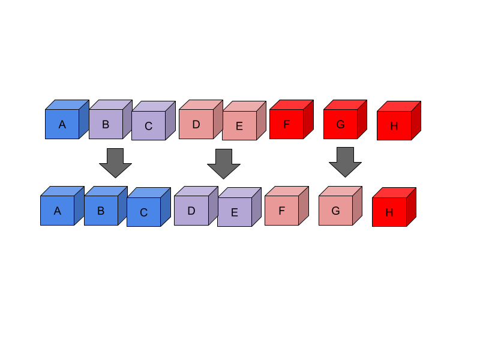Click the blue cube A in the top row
tap(62, 124)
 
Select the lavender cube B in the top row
tap(106, 124)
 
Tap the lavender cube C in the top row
tap(148, 125)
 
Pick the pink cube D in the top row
tap(196, 124)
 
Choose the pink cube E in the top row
tap(239, 125)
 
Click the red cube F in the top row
tap(287, 124)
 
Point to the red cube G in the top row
tap(341, 124)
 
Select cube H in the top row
tap(394, 125)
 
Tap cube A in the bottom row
tap(58, 211)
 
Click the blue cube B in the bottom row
tap(101, 211)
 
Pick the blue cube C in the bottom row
tap(143, 212)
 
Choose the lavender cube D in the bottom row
tap(191, 211)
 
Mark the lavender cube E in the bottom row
tap(235, 212)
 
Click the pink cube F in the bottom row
tap(282, 211)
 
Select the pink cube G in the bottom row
tap(336, 211)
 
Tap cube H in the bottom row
tap(389, 212)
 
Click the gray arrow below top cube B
tap(115, 163)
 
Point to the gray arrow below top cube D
tap(224, 163)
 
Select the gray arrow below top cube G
tap(345, 162)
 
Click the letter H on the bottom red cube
tap(389, 212)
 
